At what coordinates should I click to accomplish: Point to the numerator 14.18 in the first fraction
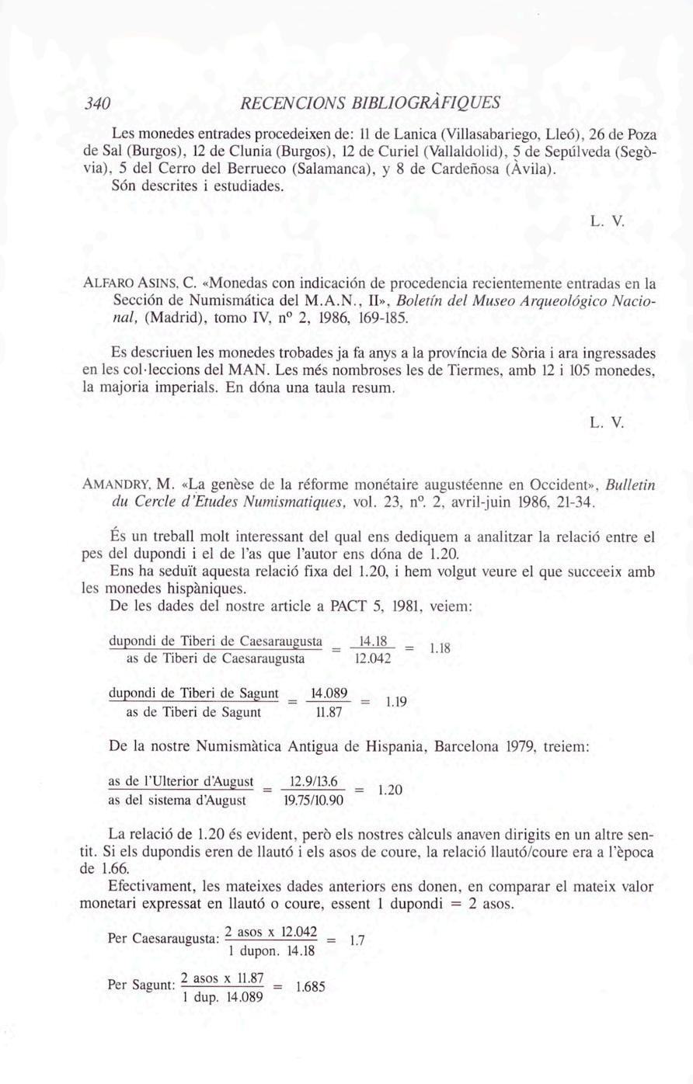372,642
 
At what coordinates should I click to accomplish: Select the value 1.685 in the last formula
308,987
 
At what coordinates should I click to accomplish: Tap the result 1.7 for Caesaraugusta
357,940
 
